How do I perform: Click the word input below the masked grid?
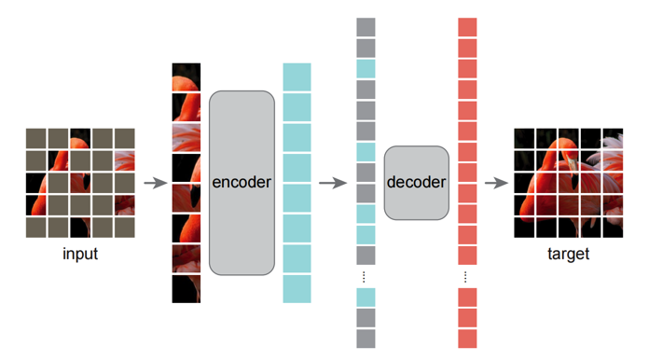pyautogui.click(x=80, y=254)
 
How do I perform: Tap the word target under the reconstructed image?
pyautogui.click(x=568, y=254)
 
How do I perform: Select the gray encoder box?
pyautogui.click(x=242, y=183)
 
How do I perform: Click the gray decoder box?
pyautogui.click(x=417, y=183)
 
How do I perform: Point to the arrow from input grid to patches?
pyautogui.click(x=156, y=183)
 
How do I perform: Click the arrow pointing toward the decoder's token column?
pyautogui.click(x=333, y=183)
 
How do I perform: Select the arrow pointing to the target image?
pyautogui.click(x=496, y=183)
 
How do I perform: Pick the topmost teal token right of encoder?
pyautogui.click(x=297, y=77)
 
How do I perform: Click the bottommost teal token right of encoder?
pyautogui.click(x=297, y=289)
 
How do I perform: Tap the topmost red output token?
pyautogui.click(x=467, y=27)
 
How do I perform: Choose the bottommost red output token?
pyautogui.click(x=467, y=339)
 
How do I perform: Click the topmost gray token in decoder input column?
pyautogui.click(x=366, y=27)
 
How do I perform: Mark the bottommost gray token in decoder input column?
pyautogui.click(x=366, y=339)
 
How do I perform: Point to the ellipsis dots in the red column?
pyautogui.click(x=465, y=277)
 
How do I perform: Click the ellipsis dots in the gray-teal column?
pyautogui.click(x=364, y=277)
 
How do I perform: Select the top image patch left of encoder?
pyautogui.click(x=186, y=77)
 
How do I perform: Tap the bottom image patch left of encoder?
pyautogui.click(x=186, y=289)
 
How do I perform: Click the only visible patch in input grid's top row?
pyautogui.click(x=80, y=138)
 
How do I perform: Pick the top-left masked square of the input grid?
pyautogui.click(x=36, y=138)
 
